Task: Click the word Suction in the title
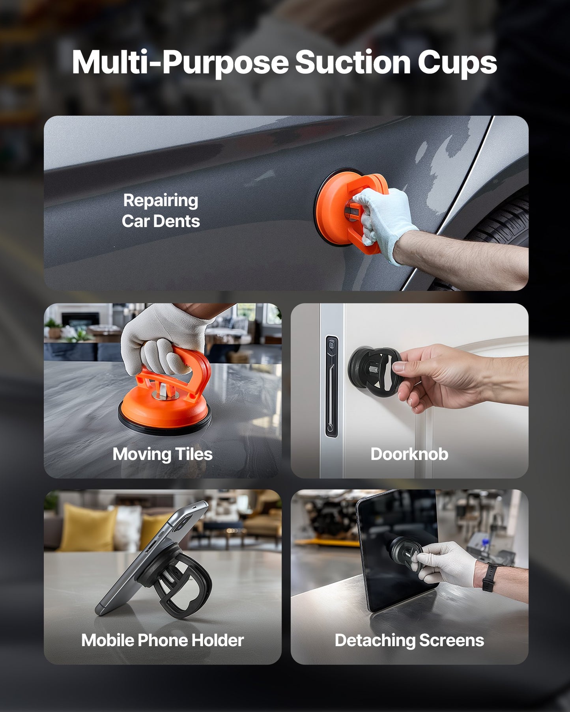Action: click(x=353, y=62)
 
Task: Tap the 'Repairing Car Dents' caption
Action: click(x=161, y=211)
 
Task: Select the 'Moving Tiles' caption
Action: click(x=162, y=454)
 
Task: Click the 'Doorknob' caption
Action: click(x=409, y=454)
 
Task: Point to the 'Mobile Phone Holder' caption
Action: click(x=162, y=640)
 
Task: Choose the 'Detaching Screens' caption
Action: click(x=409, y=640)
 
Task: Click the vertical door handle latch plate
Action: click(x=331, y=386)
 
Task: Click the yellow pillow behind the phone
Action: click(x=85, y=528)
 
